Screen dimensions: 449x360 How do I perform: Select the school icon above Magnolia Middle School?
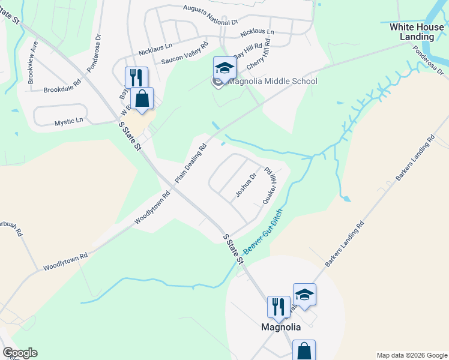pos(224,68)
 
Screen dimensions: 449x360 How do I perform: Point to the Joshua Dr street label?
pos(246,185)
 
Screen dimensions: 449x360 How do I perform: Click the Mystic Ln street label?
pos(69,122)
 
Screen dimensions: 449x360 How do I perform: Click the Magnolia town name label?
pos(280,328)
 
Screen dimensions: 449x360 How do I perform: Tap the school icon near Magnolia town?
pos(304,295)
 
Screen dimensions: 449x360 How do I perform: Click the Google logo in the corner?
pos(20,353)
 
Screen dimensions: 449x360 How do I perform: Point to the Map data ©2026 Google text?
pos(412,355)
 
